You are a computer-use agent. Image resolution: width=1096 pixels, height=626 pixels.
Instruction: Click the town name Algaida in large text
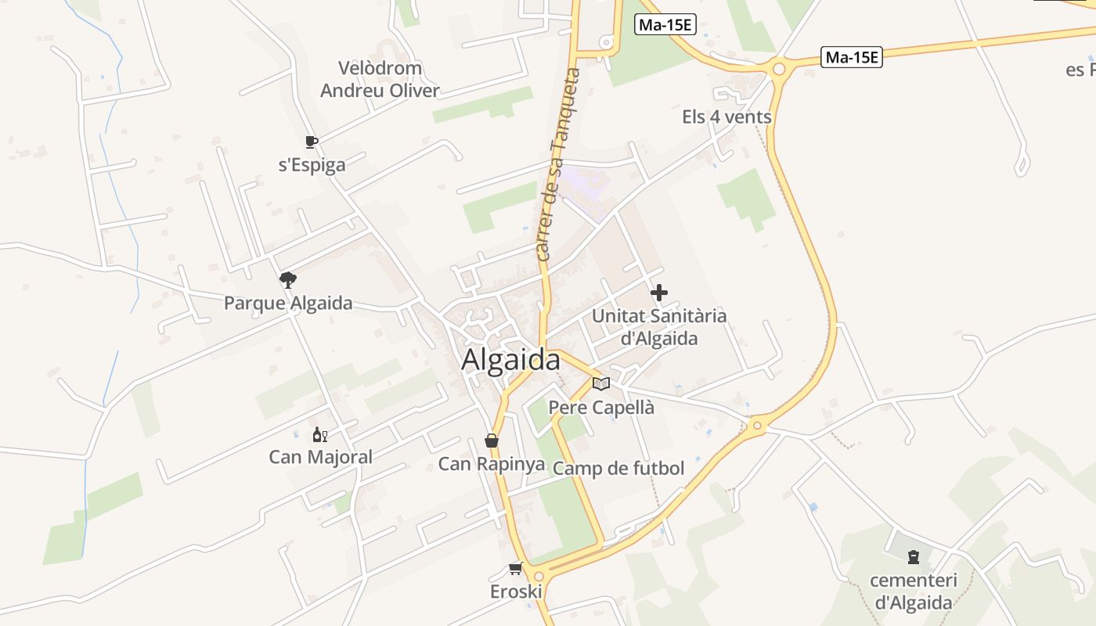510,360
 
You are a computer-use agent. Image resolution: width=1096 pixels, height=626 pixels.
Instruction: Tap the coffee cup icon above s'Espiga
311,142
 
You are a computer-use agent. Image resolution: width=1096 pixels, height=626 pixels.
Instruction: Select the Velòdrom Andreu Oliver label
380,79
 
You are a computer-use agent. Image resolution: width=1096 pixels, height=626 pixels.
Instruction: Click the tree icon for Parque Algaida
288,279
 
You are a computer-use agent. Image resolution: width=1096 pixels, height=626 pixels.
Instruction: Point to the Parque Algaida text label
288,303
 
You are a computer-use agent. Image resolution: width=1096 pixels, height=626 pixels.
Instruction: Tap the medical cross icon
659,293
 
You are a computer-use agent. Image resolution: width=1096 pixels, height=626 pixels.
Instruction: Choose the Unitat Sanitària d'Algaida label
659,327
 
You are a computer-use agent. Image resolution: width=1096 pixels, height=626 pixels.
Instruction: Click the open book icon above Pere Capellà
601,383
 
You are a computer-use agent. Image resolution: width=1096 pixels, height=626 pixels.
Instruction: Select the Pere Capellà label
601,408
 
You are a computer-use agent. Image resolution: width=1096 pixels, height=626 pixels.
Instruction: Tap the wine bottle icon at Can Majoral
319,435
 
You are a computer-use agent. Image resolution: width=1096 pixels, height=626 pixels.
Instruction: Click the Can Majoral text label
321,457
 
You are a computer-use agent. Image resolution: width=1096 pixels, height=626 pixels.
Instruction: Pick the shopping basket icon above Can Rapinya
491,441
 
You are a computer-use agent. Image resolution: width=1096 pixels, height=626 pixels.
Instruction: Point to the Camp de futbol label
618,469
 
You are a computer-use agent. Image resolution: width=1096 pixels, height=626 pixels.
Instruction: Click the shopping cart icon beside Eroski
515,568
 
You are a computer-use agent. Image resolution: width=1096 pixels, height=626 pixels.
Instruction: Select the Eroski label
516,592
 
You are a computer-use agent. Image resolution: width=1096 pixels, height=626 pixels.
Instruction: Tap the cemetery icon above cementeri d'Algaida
913,558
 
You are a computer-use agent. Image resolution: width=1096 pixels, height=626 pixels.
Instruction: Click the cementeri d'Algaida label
914,592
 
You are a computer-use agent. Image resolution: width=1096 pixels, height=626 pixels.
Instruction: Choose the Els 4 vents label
726,117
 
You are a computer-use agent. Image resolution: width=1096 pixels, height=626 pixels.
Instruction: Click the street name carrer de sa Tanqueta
558,164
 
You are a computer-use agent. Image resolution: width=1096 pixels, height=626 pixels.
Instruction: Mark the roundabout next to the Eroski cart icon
539,577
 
